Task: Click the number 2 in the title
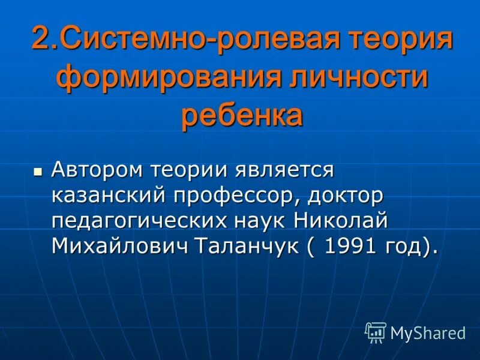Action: click(x=40, y=40)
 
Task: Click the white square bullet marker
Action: click(x=38, y=171)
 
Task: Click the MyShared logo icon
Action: click(x=376, y=332)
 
